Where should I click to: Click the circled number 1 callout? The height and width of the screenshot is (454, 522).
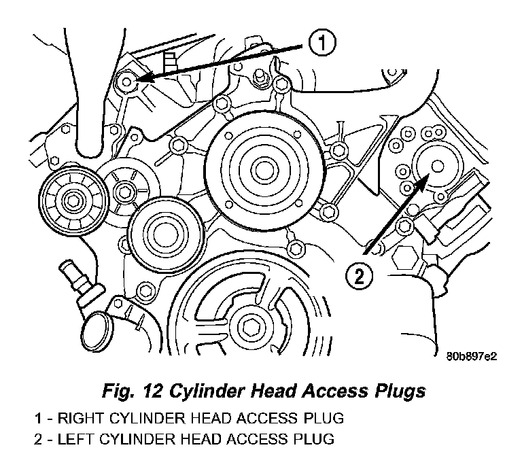[322, 43]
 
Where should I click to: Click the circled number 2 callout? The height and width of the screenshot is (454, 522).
[359, 276]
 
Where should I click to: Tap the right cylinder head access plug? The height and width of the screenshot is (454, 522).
[127, 82]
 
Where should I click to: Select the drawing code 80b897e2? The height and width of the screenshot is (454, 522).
[472, 357]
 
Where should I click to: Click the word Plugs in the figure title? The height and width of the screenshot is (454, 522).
[400, 391]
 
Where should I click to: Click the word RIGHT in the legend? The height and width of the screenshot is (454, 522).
[81, 418]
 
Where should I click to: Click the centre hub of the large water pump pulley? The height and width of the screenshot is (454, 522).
[264, 171]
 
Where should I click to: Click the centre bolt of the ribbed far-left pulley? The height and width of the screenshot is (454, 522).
[73, 200]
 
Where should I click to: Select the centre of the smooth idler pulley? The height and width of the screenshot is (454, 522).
[165, 234]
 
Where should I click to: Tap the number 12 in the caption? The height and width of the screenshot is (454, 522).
[152, 390]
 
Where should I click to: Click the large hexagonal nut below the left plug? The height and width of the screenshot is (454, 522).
[404, 258]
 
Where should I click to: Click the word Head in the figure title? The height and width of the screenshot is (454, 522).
[273, 390]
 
